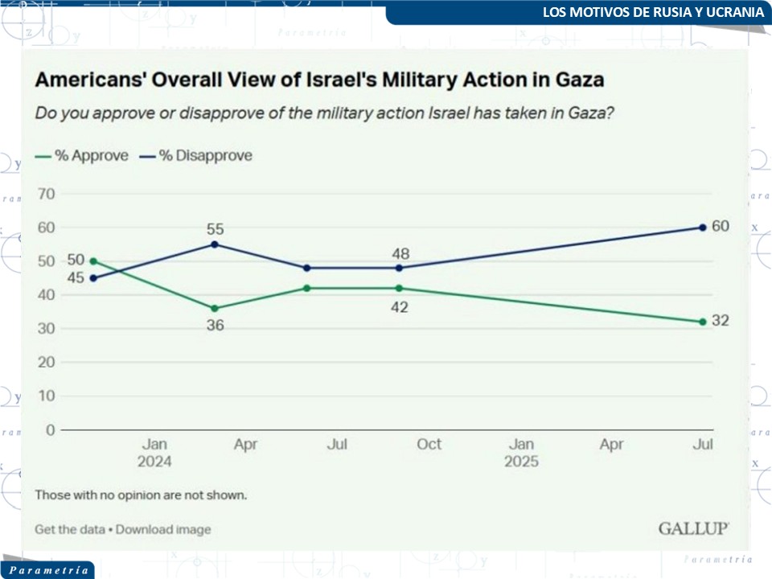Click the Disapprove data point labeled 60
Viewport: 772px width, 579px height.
tap(703, 228)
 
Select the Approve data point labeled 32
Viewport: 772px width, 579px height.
tap(703, 322)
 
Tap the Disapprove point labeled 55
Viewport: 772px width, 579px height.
tap(215, 244)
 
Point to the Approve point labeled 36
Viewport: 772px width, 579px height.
tap(215, 308)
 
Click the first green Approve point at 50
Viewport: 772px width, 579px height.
tap(93, 261)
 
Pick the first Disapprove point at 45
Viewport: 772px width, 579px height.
tap(93, 278)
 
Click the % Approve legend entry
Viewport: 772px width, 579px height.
tap(82, 156)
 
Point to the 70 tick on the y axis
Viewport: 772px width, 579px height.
tap(47, 194)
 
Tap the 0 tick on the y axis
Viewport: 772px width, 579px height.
tap(51, 429)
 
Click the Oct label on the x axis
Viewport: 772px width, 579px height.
tap(429, 444)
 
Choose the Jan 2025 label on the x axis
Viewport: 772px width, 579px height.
tap(521, 453)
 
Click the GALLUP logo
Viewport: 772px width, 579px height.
tap(694, 528)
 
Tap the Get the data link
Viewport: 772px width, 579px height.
tap(69, 529)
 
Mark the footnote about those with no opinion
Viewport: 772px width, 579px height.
tap(141, 495)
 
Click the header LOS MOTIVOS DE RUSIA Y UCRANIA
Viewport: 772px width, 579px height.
tap(653, 13)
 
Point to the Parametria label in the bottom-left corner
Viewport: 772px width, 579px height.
tap(48, 570)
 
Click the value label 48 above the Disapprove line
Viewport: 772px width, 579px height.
tap(400, 254)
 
